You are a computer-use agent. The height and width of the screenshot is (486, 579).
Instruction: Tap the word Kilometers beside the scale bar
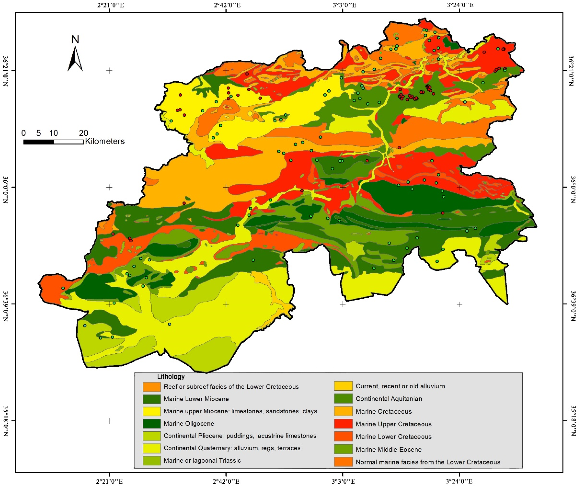105,141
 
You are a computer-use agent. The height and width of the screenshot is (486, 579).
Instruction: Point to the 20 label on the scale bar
83,133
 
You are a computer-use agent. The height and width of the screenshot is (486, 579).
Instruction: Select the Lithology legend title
171,376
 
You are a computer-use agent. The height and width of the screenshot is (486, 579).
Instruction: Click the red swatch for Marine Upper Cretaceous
343,424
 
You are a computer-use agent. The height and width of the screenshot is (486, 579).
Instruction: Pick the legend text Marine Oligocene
189,423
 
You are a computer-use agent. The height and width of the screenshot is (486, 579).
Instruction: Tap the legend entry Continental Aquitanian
389,399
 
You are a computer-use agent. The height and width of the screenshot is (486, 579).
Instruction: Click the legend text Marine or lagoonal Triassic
202,460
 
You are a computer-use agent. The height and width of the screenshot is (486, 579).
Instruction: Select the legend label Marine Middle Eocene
388,449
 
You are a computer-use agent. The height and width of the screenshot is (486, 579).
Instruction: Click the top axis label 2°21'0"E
110,5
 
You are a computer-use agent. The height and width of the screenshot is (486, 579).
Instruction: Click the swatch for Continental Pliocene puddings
151,436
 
